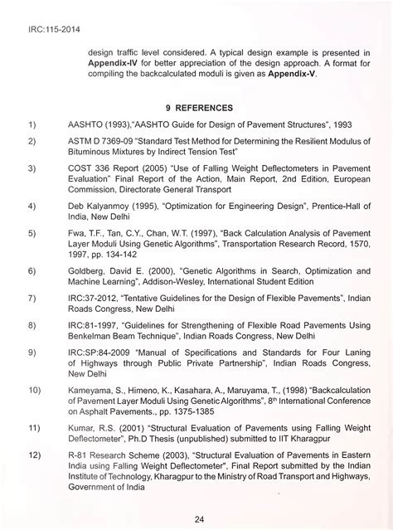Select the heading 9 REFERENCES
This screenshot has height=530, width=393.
pyautogui.click(x=199, y=108)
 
